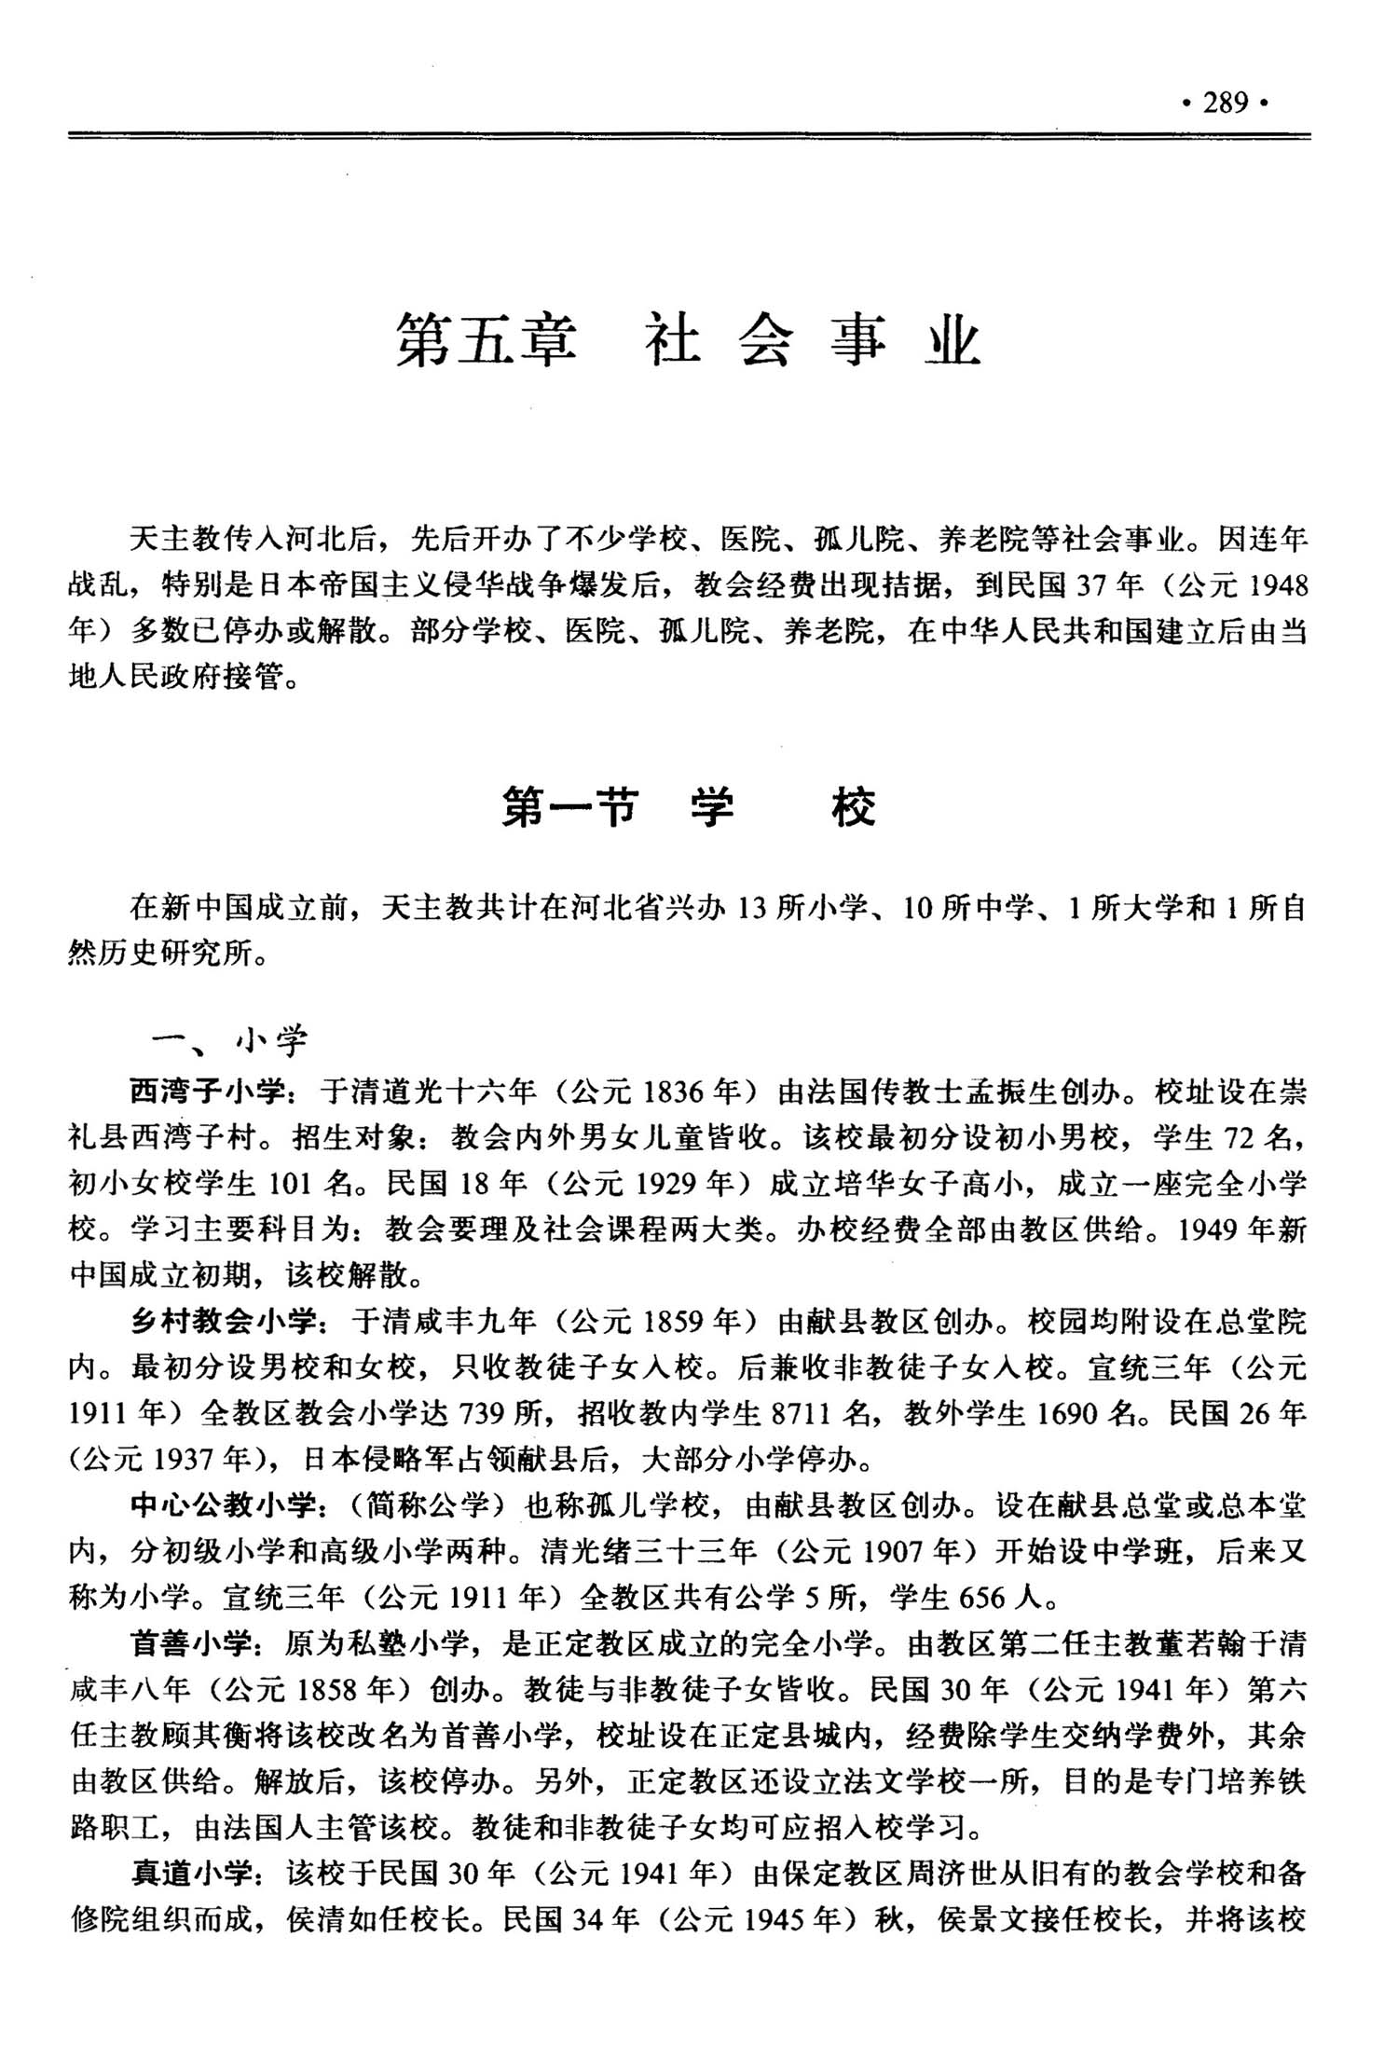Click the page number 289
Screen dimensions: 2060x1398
1226,103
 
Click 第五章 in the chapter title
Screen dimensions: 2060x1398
487,341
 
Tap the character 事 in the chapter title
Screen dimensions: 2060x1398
858,341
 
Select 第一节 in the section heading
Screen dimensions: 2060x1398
569,807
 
